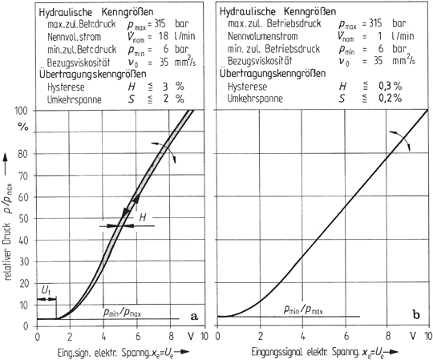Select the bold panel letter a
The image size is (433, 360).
point(193,315)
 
